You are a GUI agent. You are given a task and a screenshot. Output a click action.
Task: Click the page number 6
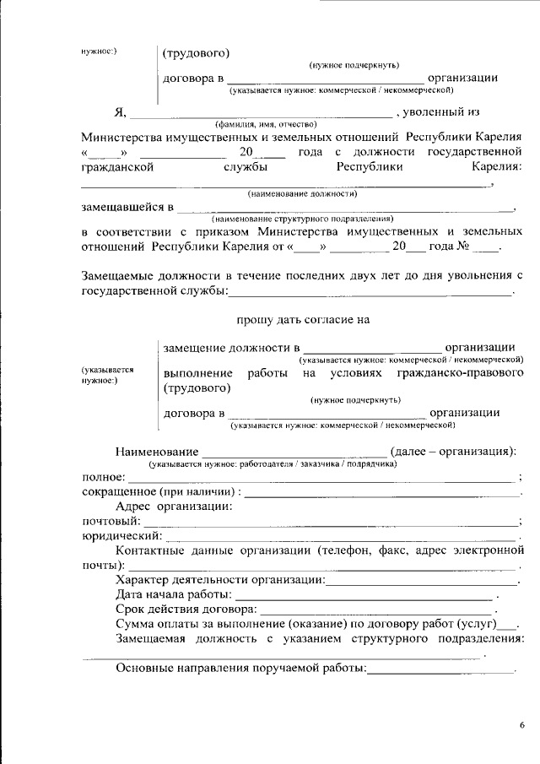coord(521,725)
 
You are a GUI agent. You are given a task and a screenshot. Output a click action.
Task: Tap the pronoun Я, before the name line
coord(120,112)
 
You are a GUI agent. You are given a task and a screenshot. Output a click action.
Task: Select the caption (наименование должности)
coord(291,193)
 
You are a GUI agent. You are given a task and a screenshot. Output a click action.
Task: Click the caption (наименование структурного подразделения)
coord(303,218)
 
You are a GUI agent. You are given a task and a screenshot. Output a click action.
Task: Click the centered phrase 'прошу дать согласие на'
coord(303,320)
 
